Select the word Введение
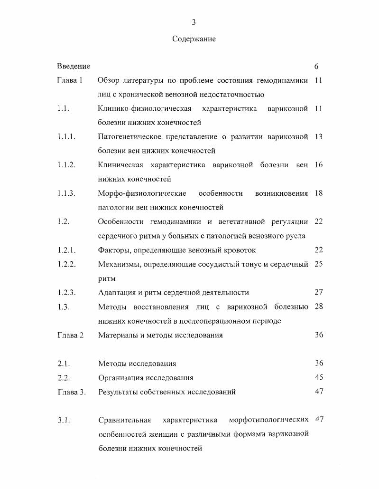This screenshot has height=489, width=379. click(74, 66)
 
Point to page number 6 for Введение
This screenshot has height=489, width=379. click(316, 67)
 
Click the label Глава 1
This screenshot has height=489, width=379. click(70, 80)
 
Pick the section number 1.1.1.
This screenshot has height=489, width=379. click(67, 137)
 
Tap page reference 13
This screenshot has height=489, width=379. click(318, 137)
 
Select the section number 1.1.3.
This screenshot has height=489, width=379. click(67, 193)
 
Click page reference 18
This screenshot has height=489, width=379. click(318, 193)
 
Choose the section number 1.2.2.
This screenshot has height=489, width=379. click(67, 264)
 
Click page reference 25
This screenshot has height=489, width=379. click(318, 264)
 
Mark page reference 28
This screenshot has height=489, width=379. click(318, 307)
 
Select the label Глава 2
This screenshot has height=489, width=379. click(70, 335)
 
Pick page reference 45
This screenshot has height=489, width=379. click(319, 377)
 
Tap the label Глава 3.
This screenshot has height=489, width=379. click(71, 392)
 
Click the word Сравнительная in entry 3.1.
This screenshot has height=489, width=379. click(124, 420)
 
